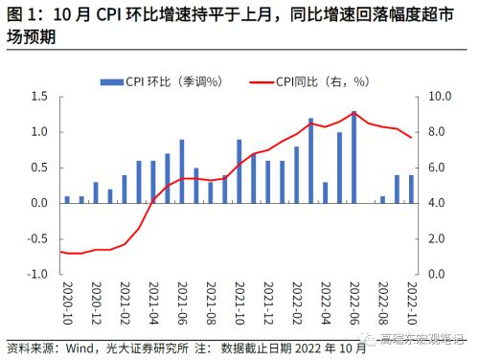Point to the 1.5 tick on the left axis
pyautogui.click(x=38, y=97)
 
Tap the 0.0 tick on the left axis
pyautogui.click(x=38, y=203)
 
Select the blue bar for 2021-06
pyautogui.click(x=182, y=171)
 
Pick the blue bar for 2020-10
pyautogui.click(x=67, y=199)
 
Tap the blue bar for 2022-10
pyautogui.click(x=411, y=189)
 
